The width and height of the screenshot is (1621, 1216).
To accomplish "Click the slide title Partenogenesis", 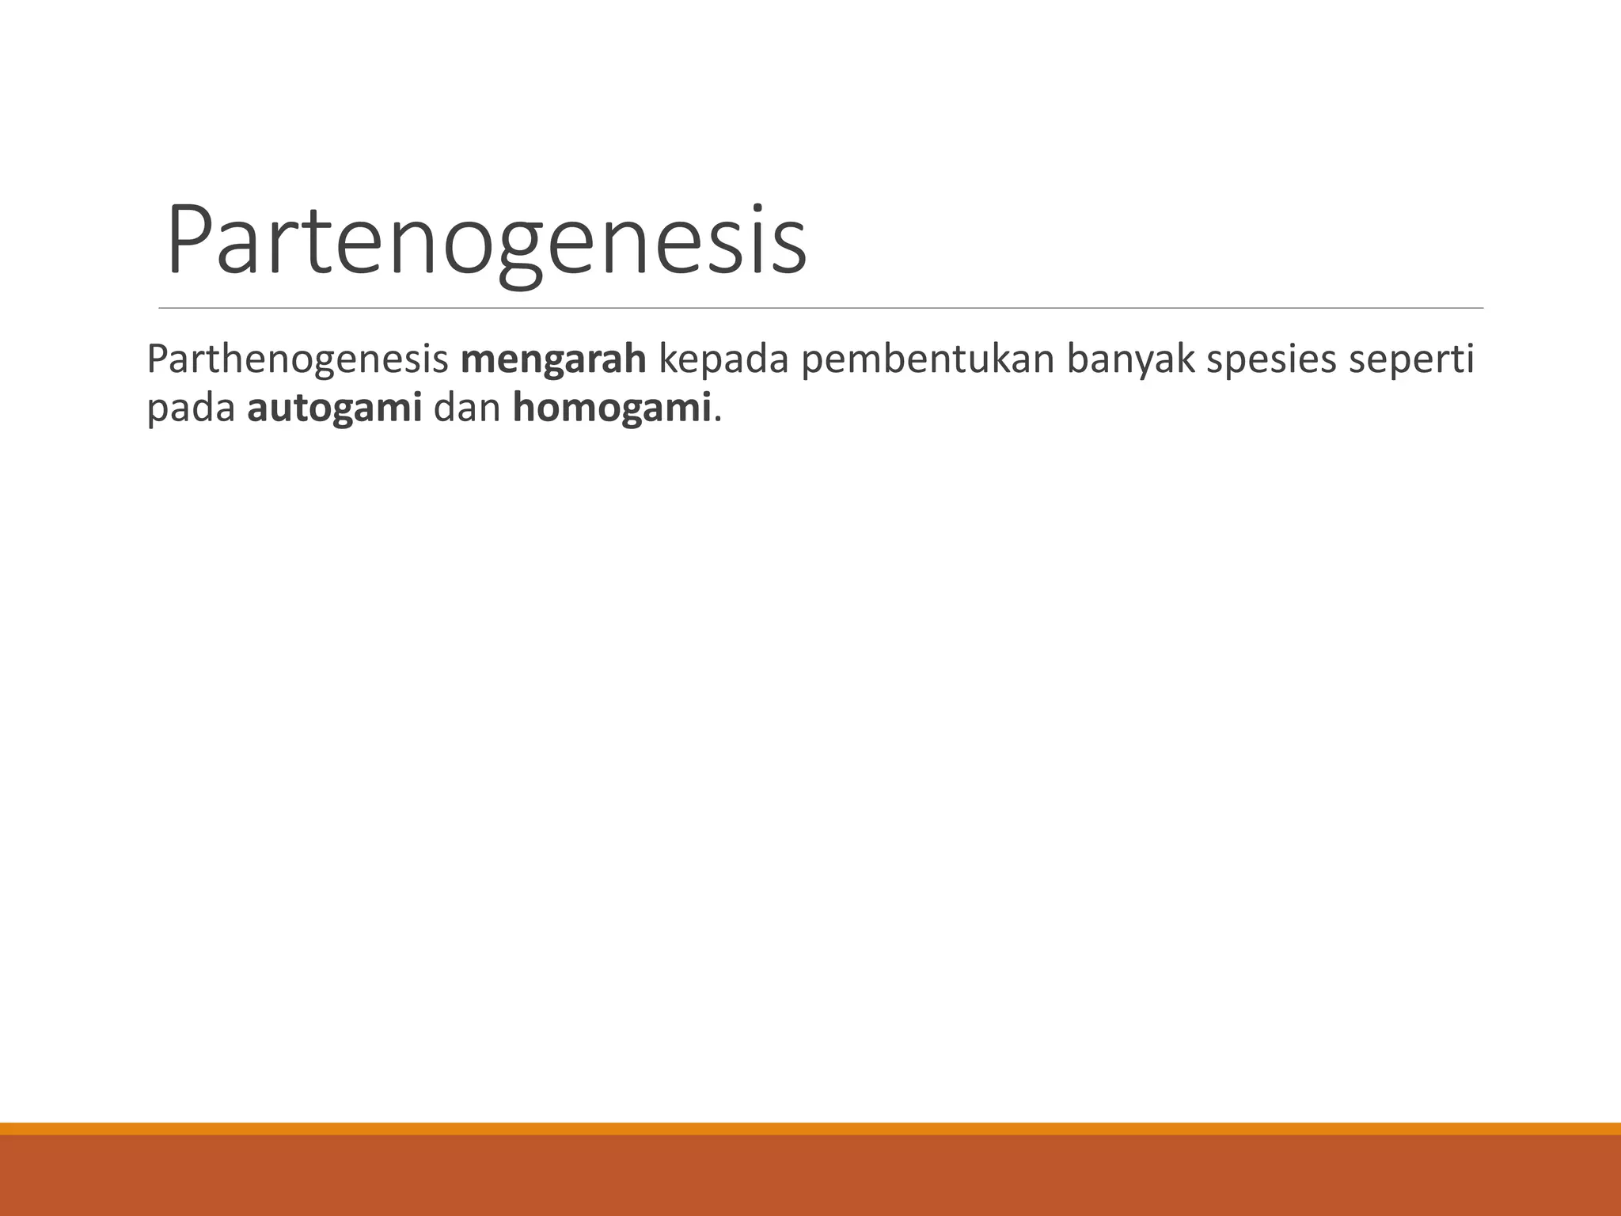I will tap(486, 241).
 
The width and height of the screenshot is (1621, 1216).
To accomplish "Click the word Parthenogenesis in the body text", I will tap(298, 360).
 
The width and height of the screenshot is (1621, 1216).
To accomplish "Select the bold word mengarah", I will tap(553, 360).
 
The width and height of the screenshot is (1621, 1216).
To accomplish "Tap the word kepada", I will tap(723, 360).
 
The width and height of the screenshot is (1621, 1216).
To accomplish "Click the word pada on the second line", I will tap(191, 409).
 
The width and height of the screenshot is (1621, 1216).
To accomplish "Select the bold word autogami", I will tap(334, 409).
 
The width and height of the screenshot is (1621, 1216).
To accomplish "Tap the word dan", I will tap(467, 409).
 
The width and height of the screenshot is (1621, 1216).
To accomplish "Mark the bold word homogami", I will tap(612, 409).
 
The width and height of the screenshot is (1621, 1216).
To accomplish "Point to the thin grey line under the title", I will tap(821, 307).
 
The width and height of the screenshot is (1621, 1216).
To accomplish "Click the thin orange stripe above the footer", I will tap(810, 1128).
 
